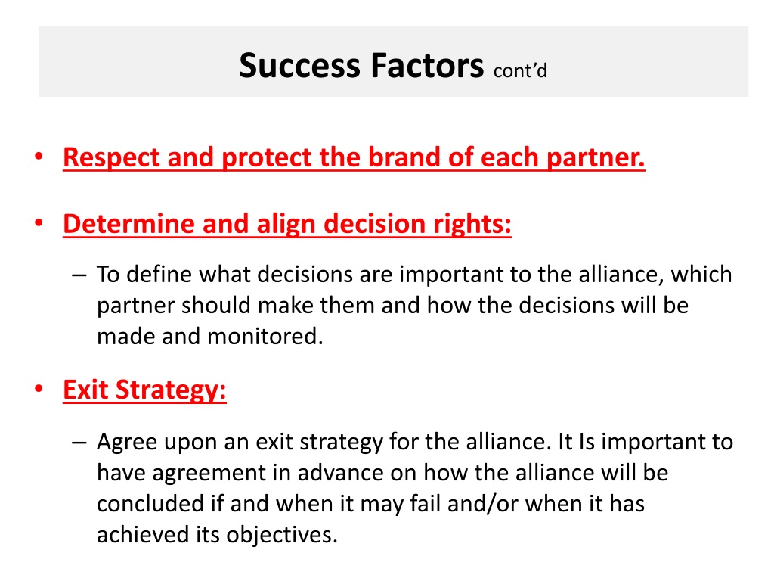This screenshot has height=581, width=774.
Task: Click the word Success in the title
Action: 299,66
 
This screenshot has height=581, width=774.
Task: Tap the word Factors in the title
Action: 427,66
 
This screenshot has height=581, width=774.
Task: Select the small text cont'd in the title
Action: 520,70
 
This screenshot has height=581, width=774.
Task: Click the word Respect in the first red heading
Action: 111,158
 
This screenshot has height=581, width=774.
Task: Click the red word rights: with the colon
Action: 472,225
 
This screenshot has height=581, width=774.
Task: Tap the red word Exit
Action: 85,390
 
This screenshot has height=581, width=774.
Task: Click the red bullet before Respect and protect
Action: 39,157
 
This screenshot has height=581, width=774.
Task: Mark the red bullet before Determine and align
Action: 39,223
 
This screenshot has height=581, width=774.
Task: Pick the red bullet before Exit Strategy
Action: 39,389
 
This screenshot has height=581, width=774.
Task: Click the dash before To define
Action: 79,275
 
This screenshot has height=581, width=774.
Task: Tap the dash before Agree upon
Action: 79,442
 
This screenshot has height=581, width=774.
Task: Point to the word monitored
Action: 265,337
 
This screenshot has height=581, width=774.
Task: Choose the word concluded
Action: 150,504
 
